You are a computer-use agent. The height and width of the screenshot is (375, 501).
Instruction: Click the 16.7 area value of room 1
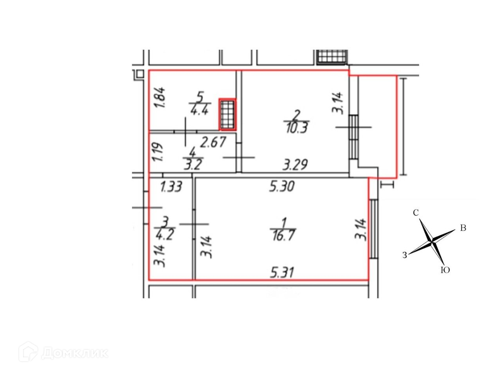coord(283,235)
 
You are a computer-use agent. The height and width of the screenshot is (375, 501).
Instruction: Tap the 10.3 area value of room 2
coord(296,127)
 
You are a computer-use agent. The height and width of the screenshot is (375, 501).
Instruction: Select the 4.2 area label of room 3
coord(165,234)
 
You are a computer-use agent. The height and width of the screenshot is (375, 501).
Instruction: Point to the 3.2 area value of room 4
coord(193,164)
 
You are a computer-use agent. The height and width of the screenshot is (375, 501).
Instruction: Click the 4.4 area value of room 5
coord(200,110)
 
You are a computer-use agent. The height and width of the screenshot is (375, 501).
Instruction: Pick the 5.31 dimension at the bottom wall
coord(282,273)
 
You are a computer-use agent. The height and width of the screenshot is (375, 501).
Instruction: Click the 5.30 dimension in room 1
coord(282,186)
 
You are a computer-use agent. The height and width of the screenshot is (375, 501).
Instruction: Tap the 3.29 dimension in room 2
coord(295,164)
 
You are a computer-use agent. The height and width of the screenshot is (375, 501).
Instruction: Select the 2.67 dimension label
coord(213,142)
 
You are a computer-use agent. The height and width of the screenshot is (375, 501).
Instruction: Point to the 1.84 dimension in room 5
coord(159,97)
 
